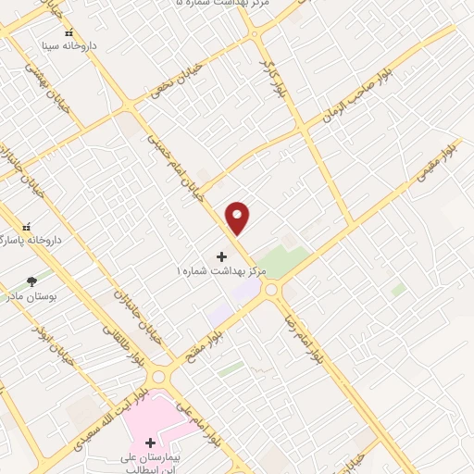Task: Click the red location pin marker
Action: tap(238, 218)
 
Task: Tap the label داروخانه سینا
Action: tap(69, 44)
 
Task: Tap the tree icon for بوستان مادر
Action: tap(32, 281)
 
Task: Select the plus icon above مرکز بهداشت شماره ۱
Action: tap(221, 256)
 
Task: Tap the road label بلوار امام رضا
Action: tap(305, 335)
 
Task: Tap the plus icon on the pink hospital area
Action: tap(151, 443)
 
